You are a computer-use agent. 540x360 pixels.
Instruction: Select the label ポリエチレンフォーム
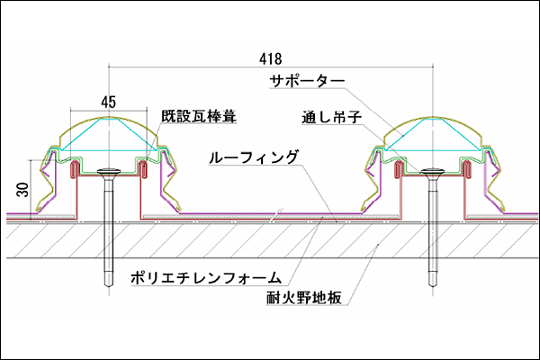pyautogui.click(x=207, y=276)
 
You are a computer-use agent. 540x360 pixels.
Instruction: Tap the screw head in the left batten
pyautogui.click(x=110, y=171)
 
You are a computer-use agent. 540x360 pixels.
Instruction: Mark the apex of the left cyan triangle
pyautogui.click(x=110, y=119)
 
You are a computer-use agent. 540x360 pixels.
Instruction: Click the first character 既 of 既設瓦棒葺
pyautogui.click(x=168, y=116)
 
